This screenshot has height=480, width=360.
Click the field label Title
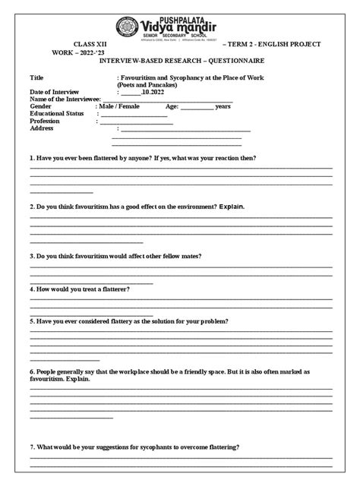[36, 77]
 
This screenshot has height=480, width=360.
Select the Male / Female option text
[120, 106]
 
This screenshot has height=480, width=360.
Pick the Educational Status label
[55, 114]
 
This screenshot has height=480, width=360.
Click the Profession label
[44, 121]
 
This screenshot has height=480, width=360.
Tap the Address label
[41, 128]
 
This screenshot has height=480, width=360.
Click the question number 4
[32, 289]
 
